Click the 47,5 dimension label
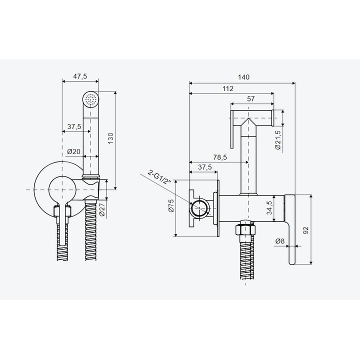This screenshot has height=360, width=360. click(80, 76)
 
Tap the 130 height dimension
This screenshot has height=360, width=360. click(110, 138)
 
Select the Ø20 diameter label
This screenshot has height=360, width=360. click(73, 151)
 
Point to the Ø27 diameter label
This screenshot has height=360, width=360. click(102, 208)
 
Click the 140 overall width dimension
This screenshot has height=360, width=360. click(243, 77)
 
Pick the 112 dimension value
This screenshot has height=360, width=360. click(228, 88)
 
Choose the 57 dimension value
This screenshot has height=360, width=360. click(250, 98)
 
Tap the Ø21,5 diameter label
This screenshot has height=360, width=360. click(278, 140)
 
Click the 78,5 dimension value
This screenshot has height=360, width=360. click(220, 157)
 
